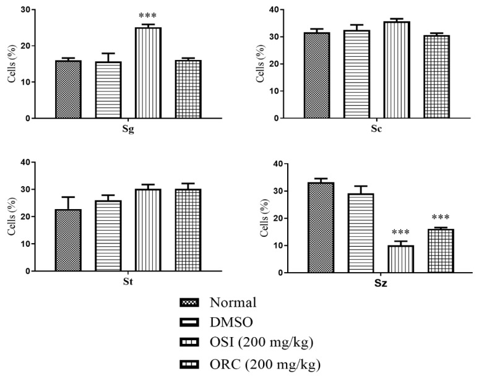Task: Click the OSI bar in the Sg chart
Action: [x=149, y=73]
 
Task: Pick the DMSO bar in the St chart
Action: [x=108, y=236]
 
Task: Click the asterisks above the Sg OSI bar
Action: [x=149, y=17]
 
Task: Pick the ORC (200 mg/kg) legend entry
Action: [x=265, y=364]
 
